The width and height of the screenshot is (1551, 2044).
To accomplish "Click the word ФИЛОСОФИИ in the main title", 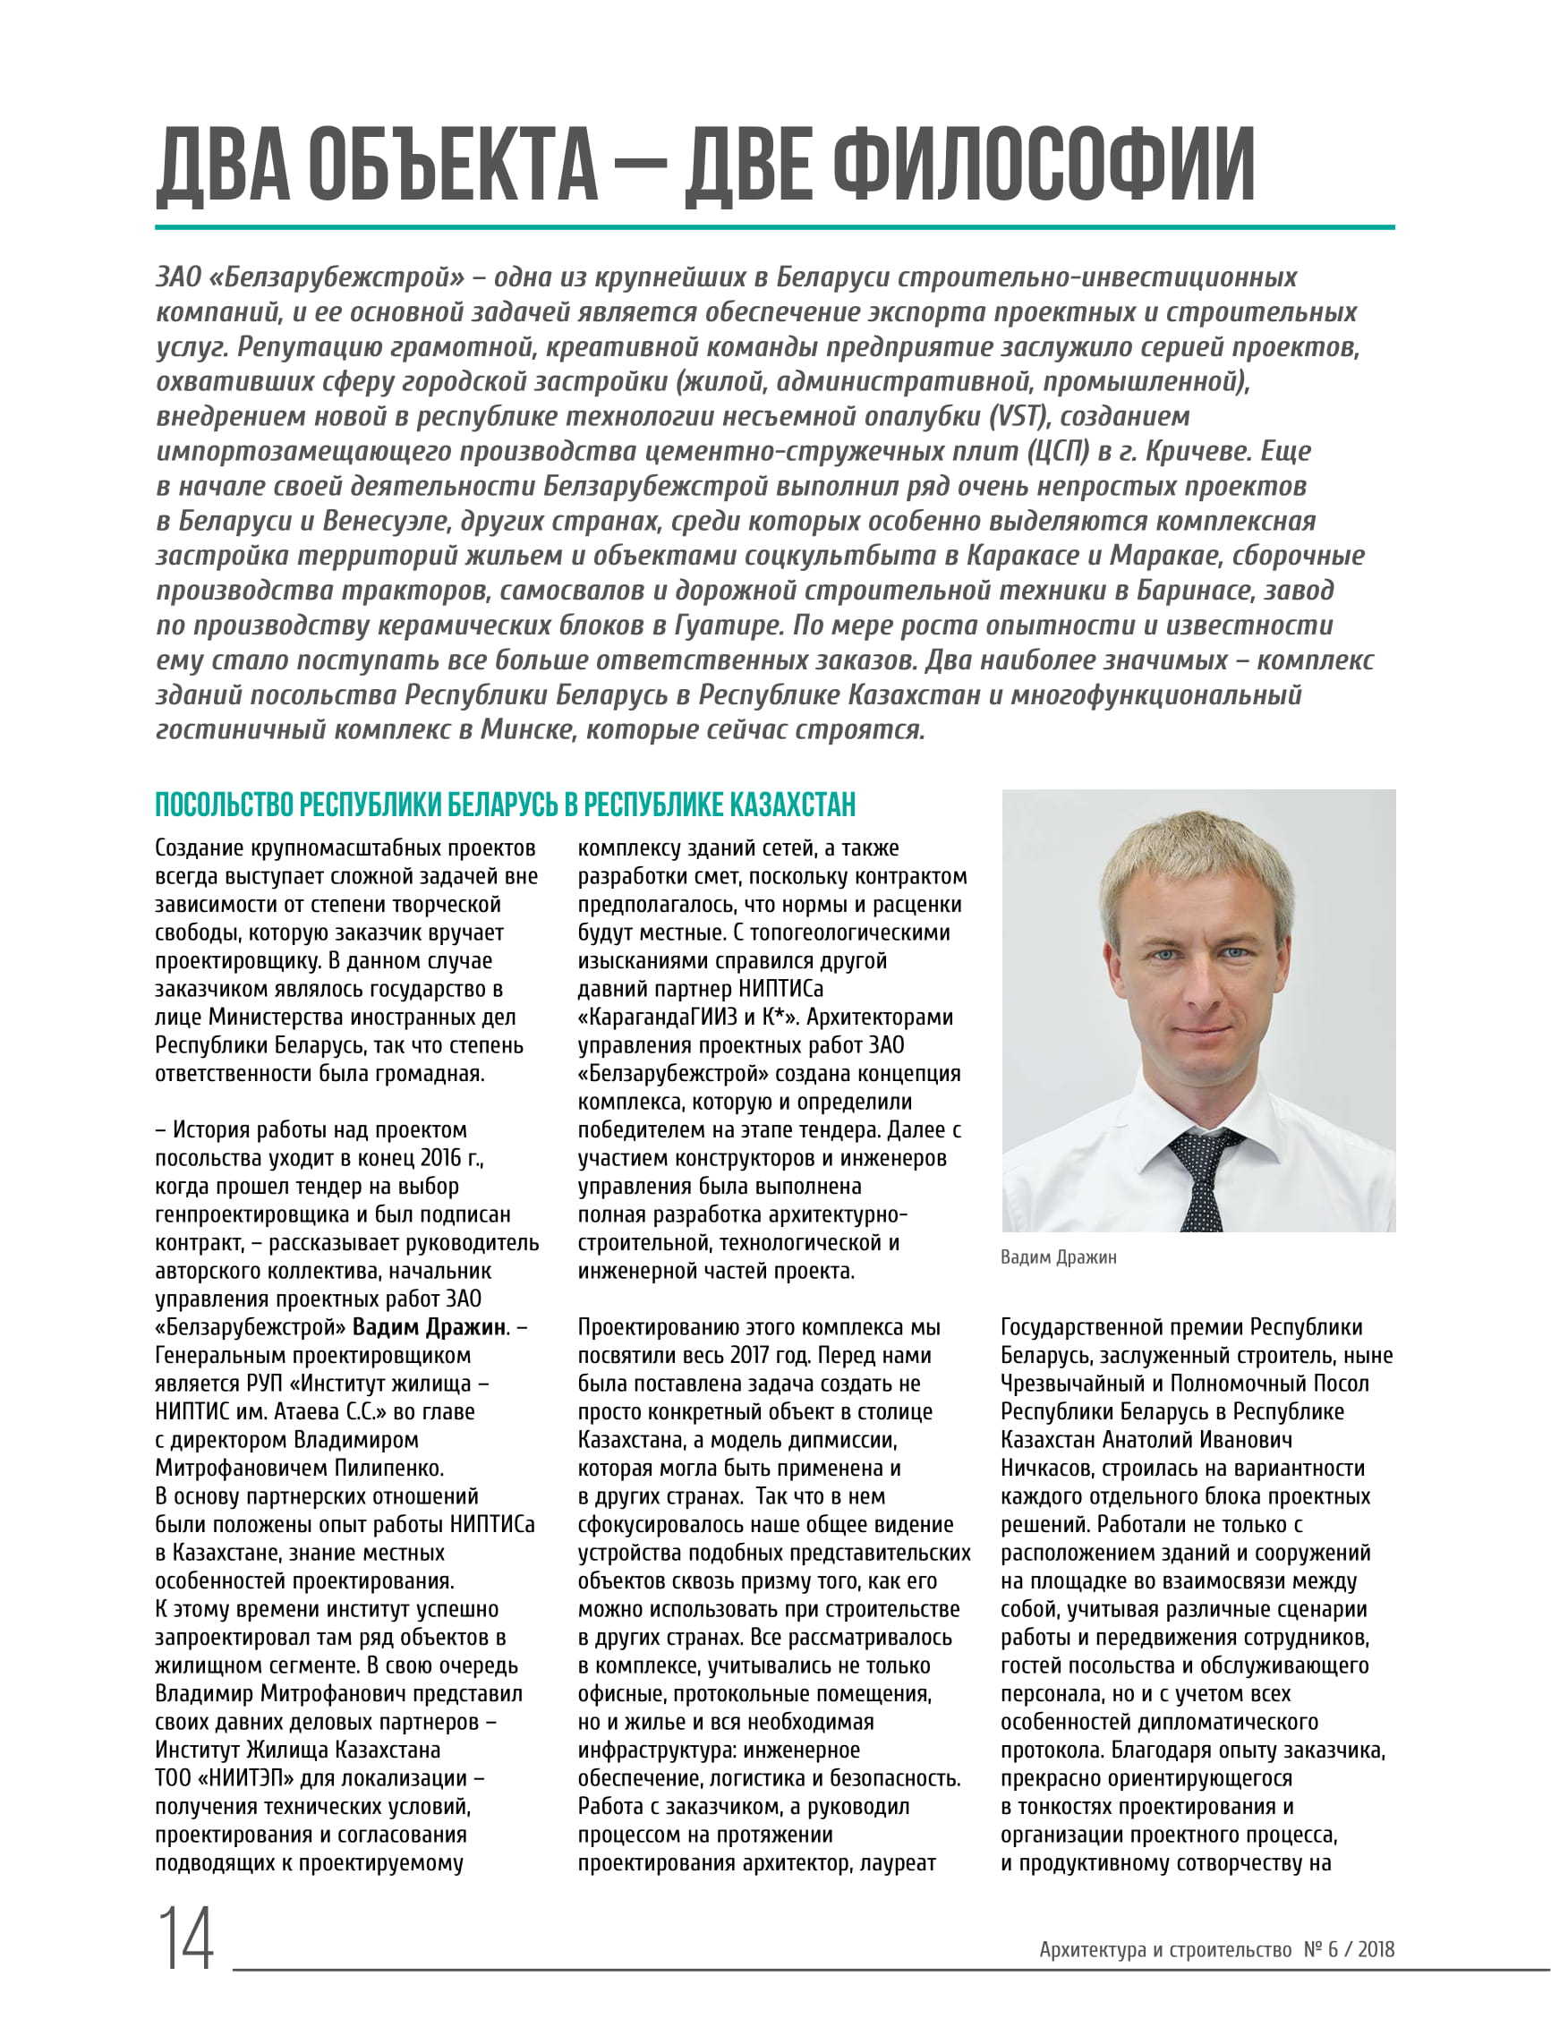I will click(x=1043, y=166).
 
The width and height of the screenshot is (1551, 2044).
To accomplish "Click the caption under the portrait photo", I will click(x=1059, y=1257).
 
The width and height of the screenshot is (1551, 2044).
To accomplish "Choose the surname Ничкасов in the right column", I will click(x=1044, y=1468).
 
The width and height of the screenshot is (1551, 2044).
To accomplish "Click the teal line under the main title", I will click(x=774, y=226).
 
